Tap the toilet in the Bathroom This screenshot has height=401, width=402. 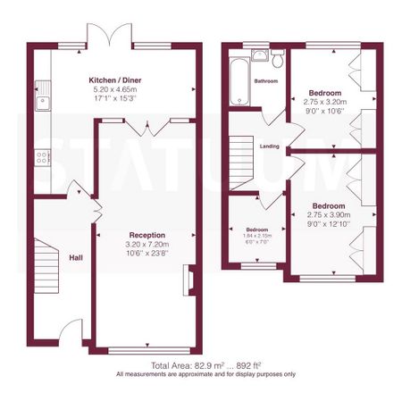[x=278, y=61]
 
